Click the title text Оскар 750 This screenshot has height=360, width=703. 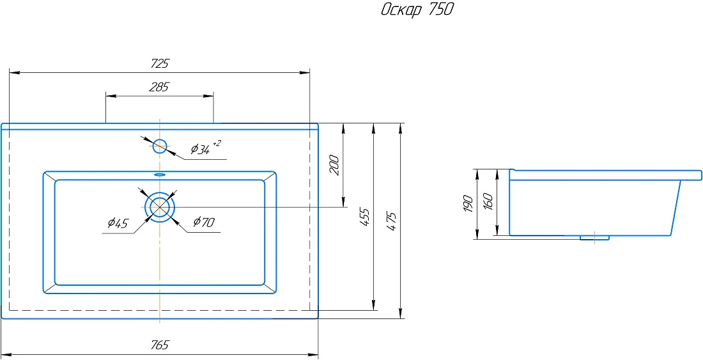pos(417,10)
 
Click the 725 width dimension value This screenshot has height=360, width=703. pos(160,64)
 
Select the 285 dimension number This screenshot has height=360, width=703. pos(158,87)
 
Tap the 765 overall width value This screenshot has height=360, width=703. pos(160,345)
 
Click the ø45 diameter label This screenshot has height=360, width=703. pos(118,223)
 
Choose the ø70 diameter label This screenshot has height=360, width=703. pos(204,221)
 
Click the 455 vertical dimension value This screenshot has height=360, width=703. pos(366,217)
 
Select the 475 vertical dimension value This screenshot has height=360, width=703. pos(392,221)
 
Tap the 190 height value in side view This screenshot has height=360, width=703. pos(468,203)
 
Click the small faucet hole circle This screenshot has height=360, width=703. pos(160,146)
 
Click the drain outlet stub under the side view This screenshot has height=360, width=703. pos(594,238)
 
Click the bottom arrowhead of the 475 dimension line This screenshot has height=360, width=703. pos(400,313)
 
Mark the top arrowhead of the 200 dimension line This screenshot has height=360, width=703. pos(343,129)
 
